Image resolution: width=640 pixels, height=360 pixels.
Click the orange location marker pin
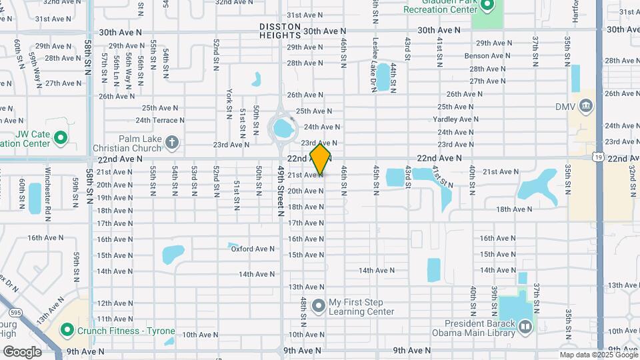click(x=321, y=159)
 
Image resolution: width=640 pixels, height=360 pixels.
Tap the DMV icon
click(x=586, y=105)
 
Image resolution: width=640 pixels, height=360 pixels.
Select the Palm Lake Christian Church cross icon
click(x=172, y=142)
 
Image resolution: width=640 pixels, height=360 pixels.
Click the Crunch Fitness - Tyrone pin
click(x=67, y=331)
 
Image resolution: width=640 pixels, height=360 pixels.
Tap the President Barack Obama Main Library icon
click(x=525, y=326)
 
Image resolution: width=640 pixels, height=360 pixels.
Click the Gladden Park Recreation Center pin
click(x=487, y=7)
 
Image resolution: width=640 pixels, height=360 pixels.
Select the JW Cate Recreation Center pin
click(x=61, y=139)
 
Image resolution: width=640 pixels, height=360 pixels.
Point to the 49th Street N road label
click(x=281, y=189)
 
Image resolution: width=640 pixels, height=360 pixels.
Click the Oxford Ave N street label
click(x=253, y=249)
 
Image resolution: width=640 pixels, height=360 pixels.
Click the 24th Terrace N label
click(x=160, y=120)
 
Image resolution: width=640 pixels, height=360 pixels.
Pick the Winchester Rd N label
click(x=48, y=193)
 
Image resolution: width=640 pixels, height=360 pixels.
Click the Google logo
click(x=22, y=351)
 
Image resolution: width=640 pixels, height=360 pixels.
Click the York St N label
click(x=229, y=100)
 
